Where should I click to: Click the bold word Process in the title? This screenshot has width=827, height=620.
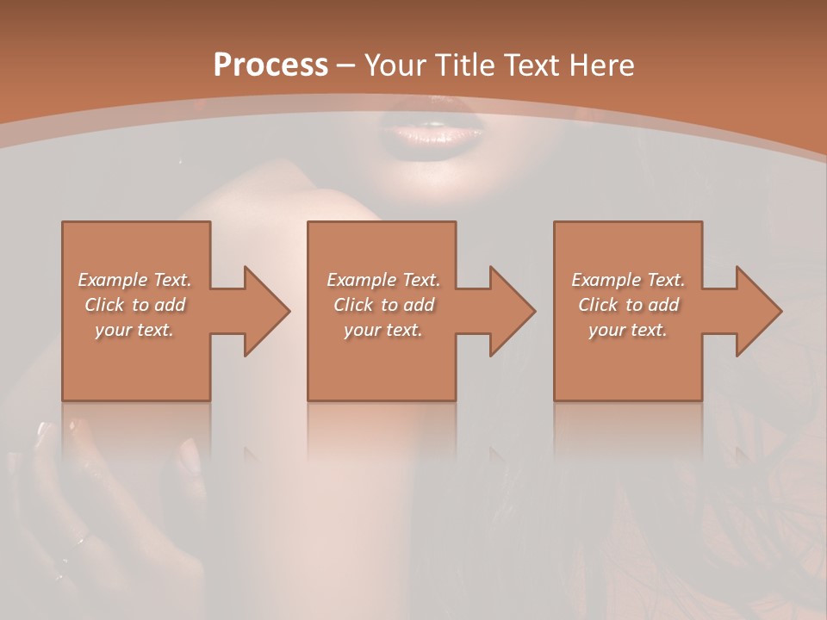[270, 65]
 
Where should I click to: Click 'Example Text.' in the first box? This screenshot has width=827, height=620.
[134, 280]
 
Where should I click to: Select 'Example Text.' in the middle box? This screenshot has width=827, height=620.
[383, 280]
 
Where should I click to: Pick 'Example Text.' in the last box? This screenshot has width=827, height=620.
[628, 280]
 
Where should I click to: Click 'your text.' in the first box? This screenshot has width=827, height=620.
[134, 330]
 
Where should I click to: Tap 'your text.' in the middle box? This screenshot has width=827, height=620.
[383, 330]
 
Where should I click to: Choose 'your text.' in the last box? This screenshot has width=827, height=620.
[628, 330]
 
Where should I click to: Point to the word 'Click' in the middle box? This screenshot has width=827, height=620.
[353, 305]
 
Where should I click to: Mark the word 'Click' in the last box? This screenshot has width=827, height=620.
[598, 305]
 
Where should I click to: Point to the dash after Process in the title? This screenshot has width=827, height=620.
[346, 65]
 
